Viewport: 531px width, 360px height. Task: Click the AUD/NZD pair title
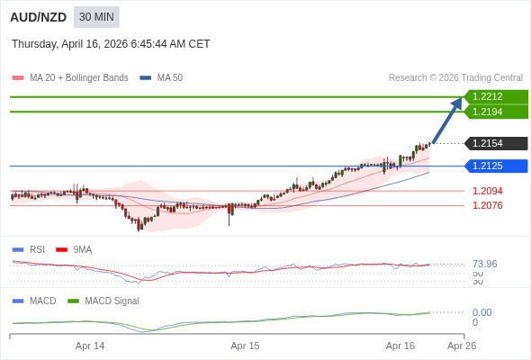coord(38,17)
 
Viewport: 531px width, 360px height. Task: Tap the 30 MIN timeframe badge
coord(96,17)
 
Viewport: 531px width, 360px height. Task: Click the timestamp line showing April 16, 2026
coord(111,44)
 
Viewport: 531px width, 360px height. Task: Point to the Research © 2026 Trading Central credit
coord(455,78)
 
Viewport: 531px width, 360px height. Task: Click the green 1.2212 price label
coord(496,96)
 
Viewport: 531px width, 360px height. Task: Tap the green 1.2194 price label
coord(496,112)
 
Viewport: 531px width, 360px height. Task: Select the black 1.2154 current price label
coord(496,144)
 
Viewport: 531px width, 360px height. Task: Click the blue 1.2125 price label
coord(496,166)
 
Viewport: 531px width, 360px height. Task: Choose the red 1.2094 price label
coord(487,191)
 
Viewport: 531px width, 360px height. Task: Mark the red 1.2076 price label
coord(487,205)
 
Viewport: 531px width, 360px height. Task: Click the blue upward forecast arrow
coord(448,120)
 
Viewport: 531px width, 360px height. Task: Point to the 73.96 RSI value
coord(484,264)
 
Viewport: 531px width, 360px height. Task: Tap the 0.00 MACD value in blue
coord(481,312)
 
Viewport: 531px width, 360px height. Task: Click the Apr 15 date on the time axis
coord(245,346)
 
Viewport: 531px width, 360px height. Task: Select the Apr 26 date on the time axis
coord(462,346)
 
